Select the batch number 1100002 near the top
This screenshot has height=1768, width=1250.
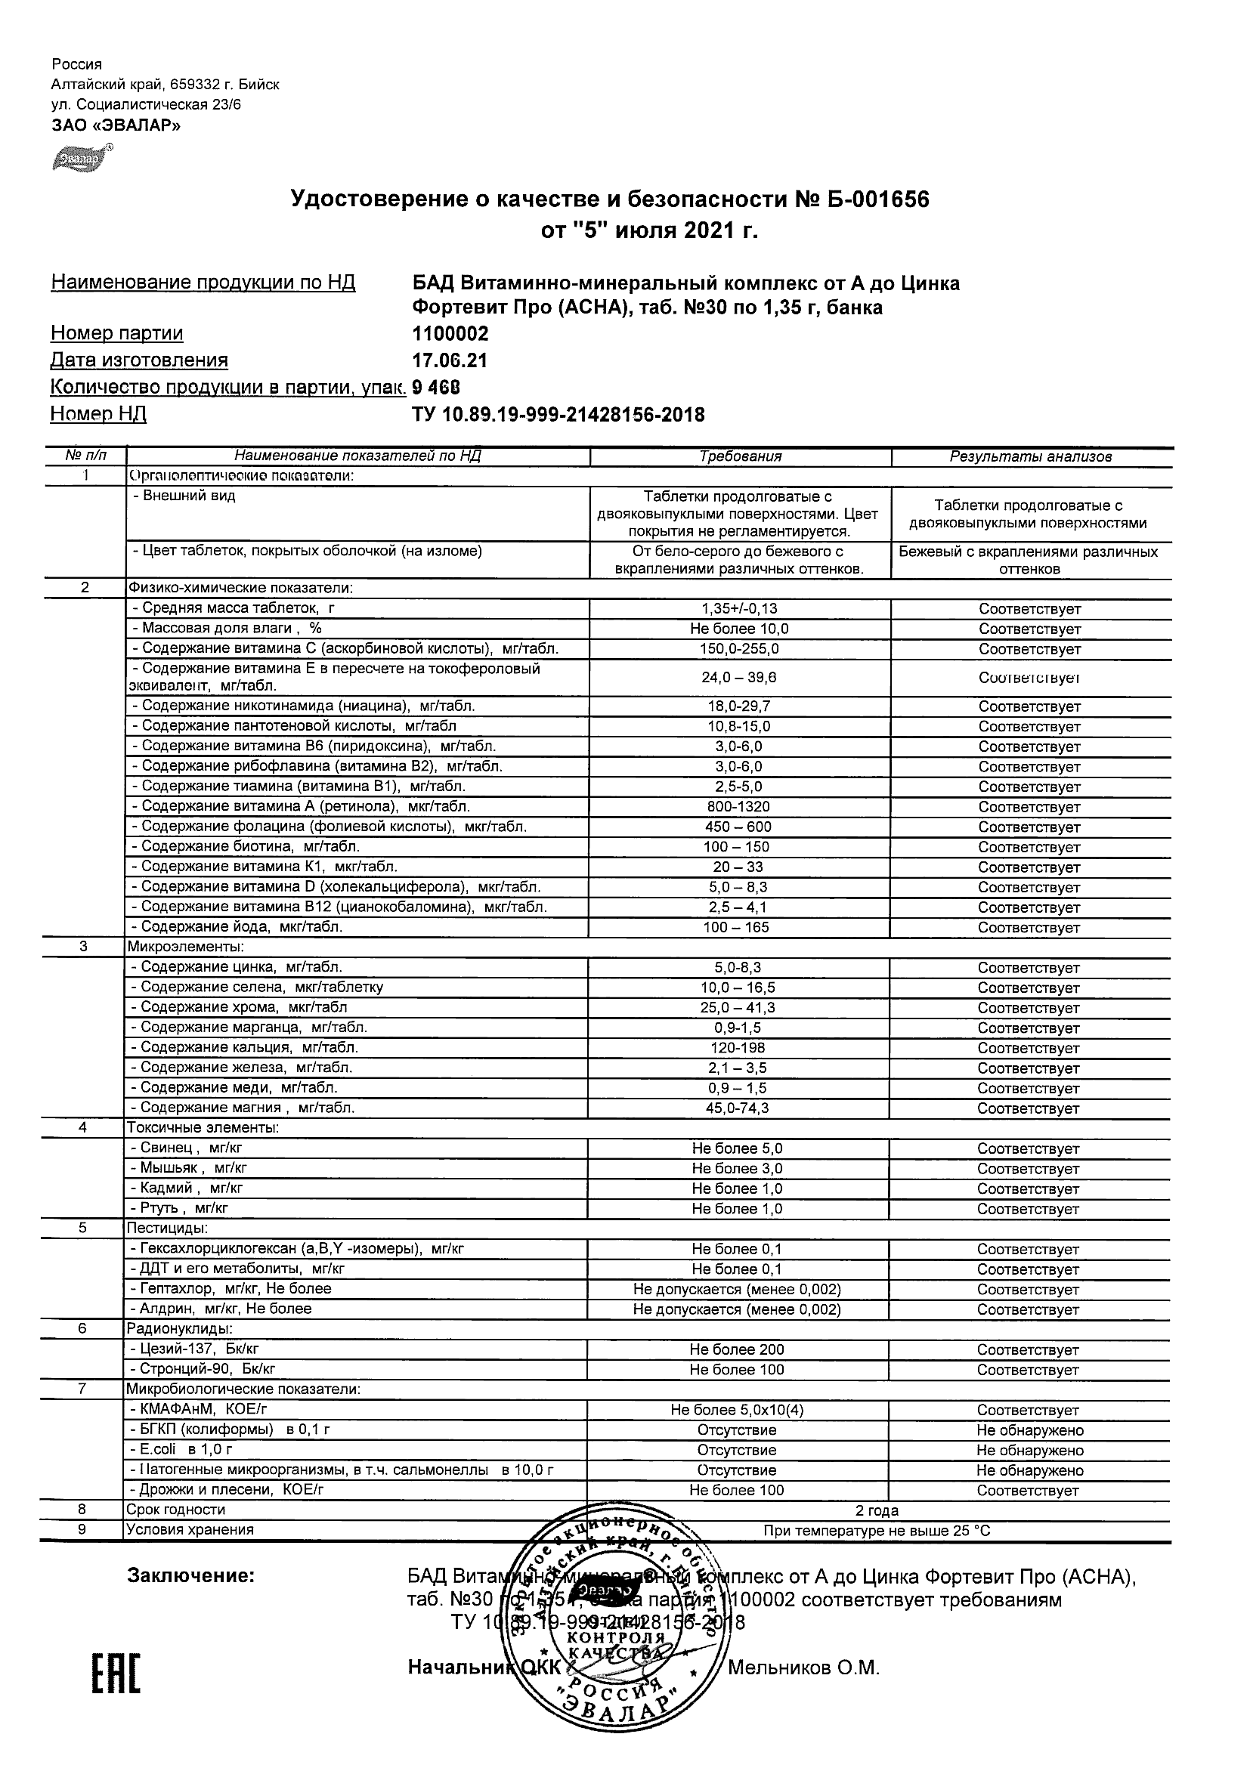tap(450, 333)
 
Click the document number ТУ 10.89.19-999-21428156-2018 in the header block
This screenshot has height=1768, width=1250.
tap(558, 415)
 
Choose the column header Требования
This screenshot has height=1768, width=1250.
tap(740, 456)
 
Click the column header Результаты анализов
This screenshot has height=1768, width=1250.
tap(1031, 456)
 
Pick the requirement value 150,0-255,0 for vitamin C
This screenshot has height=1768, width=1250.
tap(739, 649)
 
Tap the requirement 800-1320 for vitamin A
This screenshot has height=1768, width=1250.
tap(739, 807)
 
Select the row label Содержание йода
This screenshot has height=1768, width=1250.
tap(241, 927)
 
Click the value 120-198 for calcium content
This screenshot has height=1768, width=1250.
tap(739, 1048)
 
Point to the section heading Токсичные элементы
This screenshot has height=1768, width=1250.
tap(203, 1128)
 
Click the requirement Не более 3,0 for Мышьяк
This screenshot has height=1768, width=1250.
tap(737, 1169)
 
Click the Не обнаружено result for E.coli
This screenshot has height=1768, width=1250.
tap(1030, 1451)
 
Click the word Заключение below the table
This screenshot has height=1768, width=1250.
tap(190, 1576)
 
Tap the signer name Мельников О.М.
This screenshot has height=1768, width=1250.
tap(803, 1668)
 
